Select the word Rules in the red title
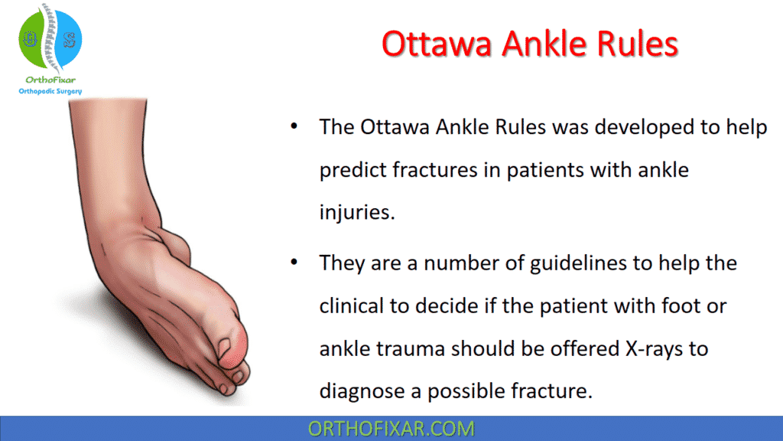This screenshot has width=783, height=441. pyautogui.click(x=637, y=45)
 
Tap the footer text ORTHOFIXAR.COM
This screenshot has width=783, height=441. pyautogui.click(x=391, y=428)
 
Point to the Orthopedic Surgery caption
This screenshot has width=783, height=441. pyautogui.click(x=50, y=91)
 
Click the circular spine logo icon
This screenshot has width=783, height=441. pyautogui.click(x=50, y=37)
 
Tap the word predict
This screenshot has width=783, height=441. pyautogui.click(x=351, y=170)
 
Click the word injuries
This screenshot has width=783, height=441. pyautogui.click(x=357, y=212)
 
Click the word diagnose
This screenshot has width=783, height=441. pyautogui.click(x=369, y=392)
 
